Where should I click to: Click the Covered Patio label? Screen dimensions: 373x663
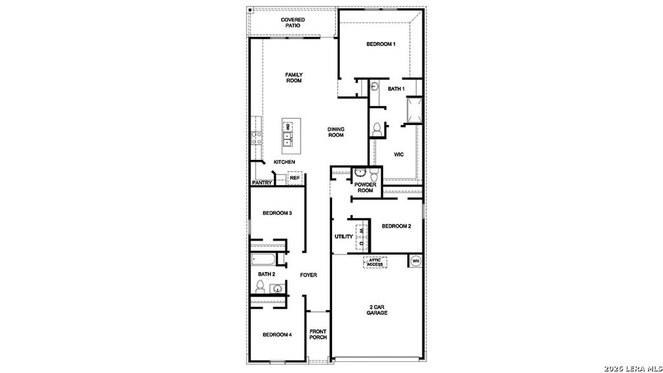293,23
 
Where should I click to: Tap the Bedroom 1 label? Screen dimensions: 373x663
381,44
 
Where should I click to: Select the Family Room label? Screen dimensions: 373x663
294,78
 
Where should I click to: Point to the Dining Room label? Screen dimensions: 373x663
335,132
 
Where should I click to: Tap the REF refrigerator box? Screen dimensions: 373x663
295,177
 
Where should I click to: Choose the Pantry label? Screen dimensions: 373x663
262,183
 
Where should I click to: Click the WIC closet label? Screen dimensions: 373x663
399,154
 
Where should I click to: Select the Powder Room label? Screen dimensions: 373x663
365,188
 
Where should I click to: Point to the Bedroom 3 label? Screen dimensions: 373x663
276,213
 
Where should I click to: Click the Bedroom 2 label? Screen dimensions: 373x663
396,226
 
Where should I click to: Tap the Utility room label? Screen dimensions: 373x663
344,236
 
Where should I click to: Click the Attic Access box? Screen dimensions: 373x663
375,262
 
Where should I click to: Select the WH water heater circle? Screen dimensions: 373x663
416,261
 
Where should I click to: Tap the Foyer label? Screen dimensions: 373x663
308,275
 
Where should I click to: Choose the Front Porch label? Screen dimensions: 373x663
318,334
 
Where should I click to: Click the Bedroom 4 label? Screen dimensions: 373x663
276,335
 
